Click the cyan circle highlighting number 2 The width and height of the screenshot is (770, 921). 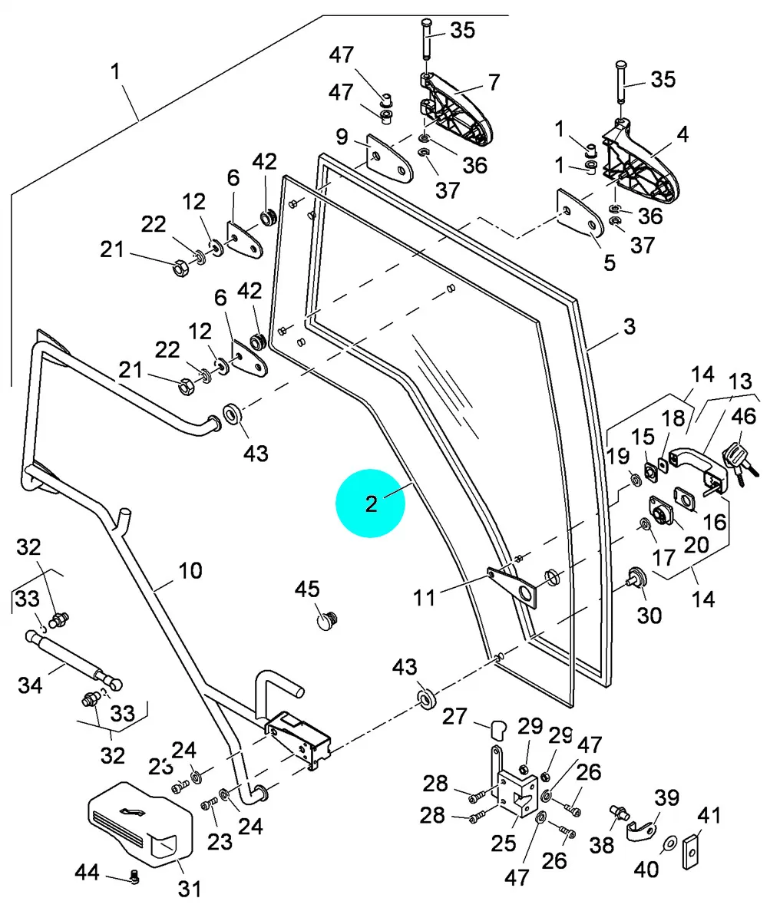pyautogui.click(x=371, y=503)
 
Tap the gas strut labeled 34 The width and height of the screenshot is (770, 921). pyautogui.click(x=73, y=657)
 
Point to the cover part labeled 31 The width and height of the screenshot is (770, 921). pyautogui.click(x=138, y=824)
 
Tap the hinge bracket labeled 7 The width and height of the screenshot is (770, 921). pyautogui.click(x=458, y=111)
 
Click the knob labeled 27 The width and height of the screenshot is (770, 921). pyautogui.click(x=497, y=728)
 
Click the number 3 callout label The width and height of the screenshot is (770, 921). pyautogui.click(x=629, y=327)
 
